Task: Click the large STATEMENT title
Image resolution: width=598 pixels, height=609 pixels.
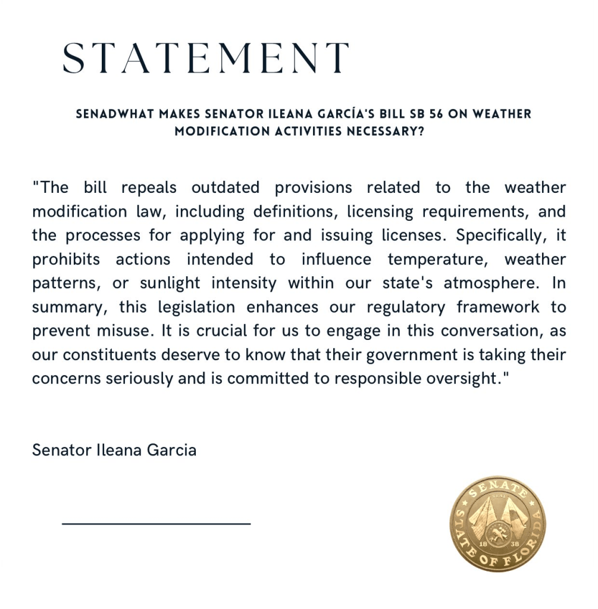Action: pos(206,58)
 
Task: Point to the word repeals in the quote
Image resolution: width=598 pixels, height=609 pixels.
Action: pos(149,188)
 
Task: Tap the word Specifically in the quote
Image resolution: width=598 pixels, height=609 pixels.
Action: pos(500,235)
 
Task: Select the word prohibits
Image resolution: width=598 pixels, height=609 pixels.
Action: pos(66,260)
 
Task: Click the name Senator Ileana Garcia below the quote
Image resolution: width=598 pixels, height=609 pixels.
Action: pos(114,449)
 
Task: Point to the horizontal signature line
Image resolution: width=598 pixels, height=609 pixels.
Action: pos(156,524)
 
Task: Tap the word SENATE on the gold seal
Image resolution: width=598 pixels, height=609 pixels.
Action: pos(499,489)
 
